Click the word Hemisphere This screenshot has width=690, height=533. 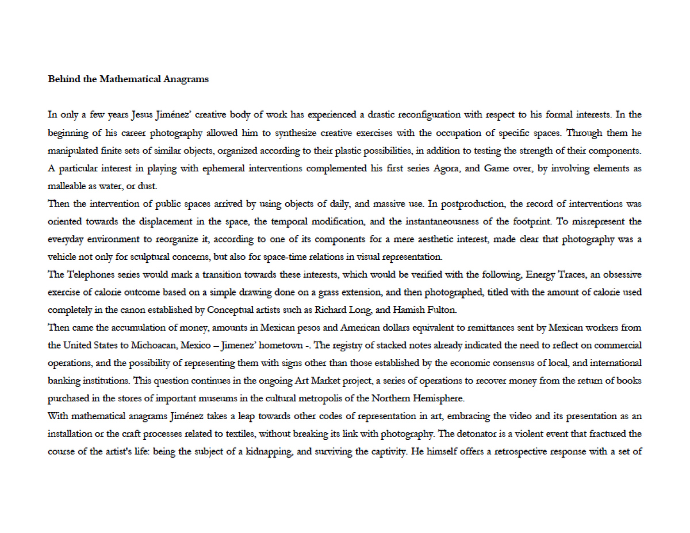click(x=435, y=398)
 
